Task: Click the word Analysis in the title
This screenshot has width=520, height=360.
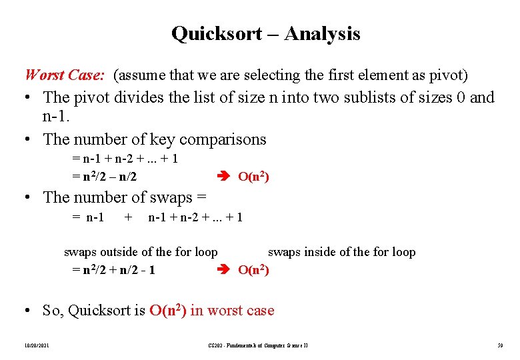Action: [x=322, y=33]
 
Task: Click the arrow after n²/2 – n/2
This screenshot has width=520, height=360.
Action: [x=225, y=177]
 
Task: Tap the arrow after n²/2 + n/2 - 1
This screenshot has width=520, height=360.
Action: [x=225, y=270]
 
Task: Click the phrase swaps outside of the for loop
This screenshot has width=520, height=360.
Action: [x=141, y=252]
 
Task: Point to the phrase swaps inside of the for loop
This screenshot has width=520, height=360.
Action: [x=341, y=252]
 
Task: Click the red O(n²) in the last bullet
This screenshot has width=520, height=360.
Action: [x=168, y=311]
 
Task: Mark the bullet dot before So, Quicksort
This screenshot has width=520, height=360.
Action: [x=29, y=311]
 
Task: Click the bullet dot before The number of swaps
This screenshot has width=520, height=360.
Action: [x=29, y=197]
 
